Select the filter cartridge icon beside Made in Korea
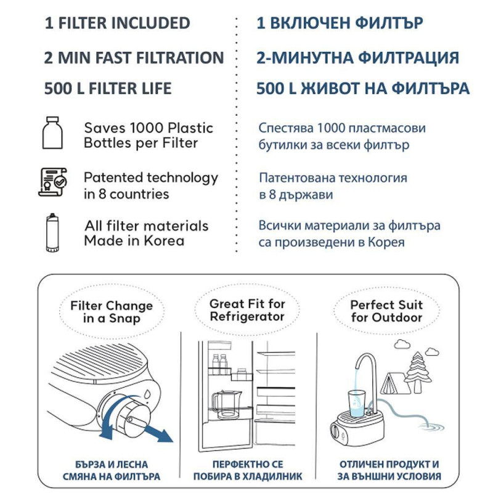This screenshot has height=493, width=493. [53, 232]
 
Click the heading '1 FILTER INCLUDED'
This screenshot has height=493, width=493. [117, 23]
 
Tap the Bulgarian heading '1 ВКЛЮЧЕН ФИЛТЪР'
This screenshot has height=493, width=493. [340, 23]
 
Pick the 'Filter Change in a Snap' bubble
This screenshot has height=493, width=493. [112, 311]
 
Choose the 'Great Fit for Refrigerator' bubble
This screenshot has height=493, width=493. [247, 310]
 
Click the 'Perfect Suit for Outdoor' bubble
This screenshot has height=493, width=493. [386, 311]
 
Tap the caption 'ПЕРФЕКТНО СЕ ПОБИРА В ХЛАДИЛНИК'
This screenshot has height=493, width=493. [246, 470]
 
